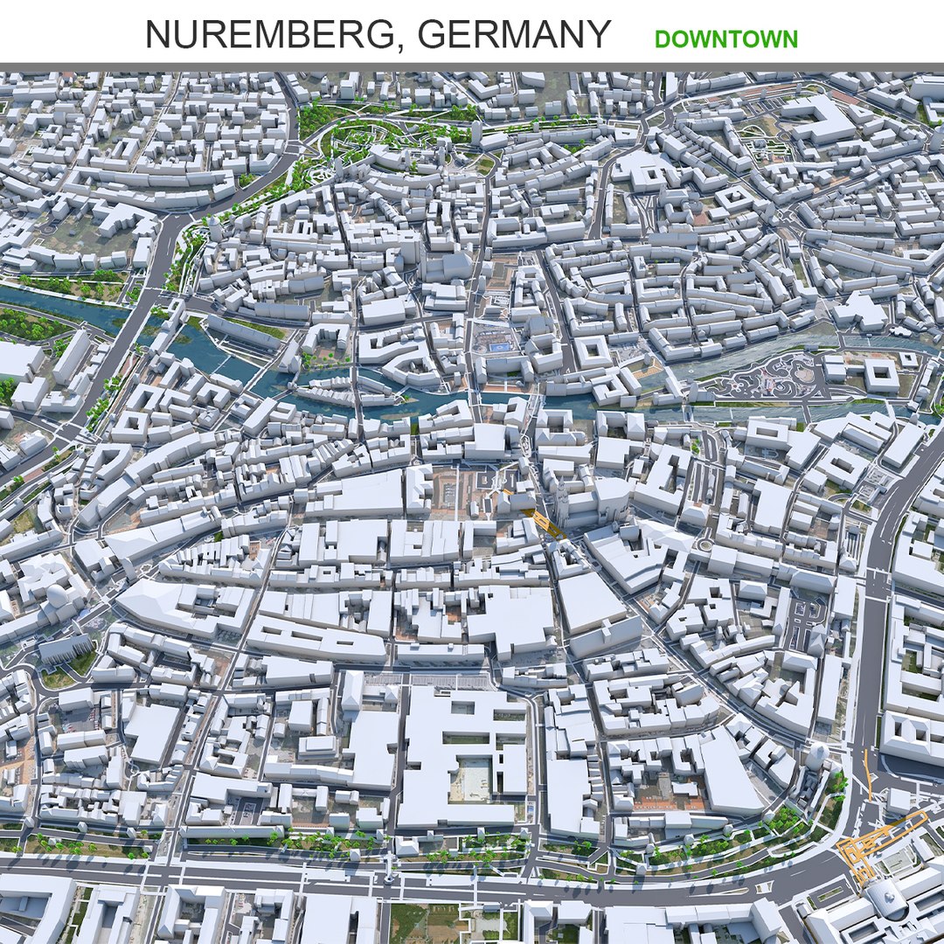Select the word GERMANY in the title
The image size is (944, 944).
[x=513, y=35]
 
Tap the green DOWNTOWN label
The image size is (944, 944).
[x=725, y=39]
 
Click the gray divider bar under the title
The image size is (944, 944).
[x=472, y=66]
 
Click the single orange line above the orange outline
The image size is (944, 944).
[x=868, y=773]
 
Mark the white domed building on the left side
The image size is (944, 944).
[x=58, y=595]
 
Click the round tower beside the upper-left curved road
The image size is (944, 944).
[x=214, y=226]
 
